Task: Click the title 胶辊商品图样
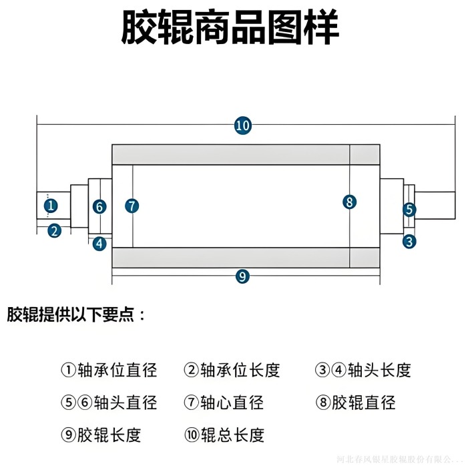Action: tap(230, 29)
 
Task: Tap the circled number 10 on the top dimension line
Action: tap(242, 125)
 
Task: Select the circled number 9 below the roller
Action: tap(242, 276)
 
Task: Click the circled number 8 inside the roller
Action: tap(349, 202)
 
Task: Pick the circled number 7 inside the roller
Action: tap(132, 206)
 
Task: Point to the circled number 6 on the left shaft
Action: tap(99, 206)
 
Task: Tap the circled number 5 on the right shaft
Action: tap(409, 210)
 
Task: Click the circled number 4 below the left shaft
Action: tap(99, 243)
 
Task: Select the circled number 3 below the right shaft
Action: tap(409, 241)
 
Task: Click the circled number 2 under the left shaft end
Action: tap(54, 231)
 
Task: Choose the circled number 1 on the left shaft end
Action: tap(51, 206)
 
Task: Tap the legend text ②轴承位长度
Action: tap(232, 370)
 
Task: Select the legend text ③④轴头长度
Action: tap(363, 370)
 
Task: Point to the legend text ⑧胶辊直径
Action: tap(355, 403)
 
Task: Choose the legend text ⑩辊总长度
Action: tap(224, 435)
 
